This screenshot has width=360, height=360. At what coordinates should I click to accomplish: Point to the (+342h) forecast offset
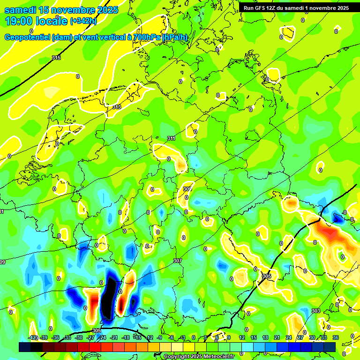tap(83, 21)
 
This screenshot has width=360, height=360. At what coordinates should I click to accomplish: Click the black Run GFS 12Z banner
tap(296, 8)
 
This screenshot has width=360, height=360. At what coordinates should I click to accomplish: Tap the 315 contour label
tap(56, 58)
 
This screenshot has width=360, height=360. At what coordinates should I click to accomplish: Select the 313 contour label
tap(117, 107)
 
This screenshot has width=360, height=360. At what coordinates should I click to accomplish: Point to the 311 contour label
tap(171, 138)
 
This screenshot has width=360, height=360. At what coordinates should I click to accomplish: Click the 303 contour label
tap(315, 311)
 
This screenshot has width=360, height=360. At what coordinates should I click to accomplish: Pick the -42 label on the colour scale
tap(33, 337)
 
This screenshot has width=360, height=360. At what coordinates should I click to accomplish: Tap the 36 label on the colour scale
tap(336, 337)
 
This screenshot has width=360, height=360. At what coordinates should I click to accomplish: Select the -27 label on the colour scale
tap(91, 337)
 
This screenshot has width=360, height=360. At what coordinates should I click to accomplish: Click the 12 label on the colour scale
tap(242, 337)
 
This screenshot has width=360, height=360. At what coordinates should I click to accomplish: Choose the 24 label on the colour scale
tap(289, 337)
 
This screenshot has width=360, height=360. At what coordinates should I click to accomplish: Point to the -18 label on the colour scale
tap(126, 337)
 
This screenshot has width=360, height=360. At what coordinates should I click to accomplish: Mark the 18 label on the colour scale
tap(265, 337)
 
